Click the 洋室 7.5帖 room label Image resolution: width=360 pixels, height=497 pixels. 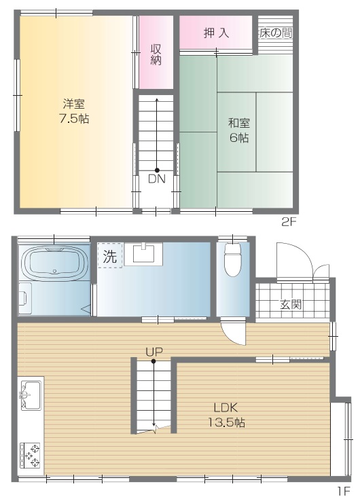[x=74, y=111]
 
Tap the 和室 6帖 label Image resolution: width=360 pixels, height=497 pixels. [x=239, y=130]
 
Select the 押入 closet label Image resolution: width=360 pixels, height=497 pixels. [x=216, y=33]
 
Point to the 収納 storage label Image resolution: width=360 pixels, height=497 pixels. [x=156, y=54]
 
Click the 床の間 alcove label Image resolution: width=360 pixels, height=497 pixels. [x=275, y=33]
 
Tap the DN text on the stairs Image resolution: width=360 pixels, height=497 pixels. [x=157, y=179]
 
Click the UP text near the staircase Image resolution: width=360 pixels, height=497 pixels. [x=154, y=352]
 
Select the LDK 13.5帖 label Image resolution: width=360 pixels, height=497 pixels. [x=226, y=415]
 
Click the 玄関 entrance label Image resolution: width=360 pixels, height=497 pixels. [x=291, y=304]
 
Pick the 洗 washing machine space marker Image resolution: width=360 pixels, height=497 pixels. [x=110, y=256]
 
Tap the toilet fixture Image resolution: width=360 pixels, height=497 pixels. [x=233, y=259]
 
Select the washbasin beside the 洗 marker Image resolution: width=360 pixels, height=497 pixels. [x=143, y=253]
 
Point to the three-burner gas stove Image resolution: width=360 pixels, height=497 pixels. [x=31, y=456]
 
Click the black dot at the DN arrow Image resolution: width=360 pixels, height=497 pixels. [x=157, y=170]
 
